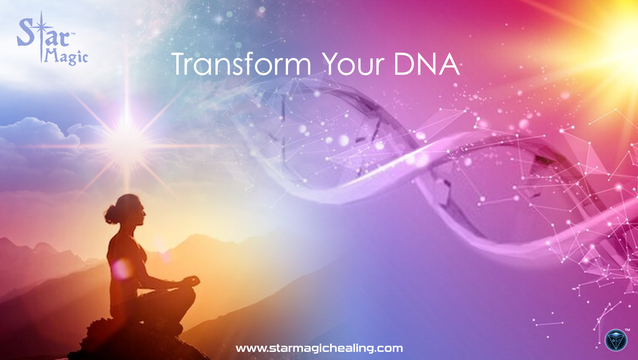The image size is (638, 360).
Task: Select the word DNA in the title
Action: click(427, 64)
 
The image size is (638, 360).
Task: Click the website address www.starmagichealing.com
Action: click(319, 348)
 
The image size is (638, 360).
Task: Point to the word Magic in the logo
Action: click(66, 57)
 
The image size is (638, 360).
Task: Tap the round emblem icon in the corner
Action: click(616, 340)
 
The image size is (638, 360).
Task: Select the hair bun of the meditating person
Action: click(110, 215)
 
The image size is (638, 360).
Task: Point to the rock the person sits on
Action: click(133, 340)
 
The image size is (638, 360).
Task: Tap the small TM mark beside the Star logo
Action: click(73, 34)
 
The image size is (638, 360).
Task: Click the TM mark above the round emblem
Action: click(627, 330)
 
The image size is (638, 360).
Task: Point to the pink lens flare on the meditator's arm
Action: click(122, 268)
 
